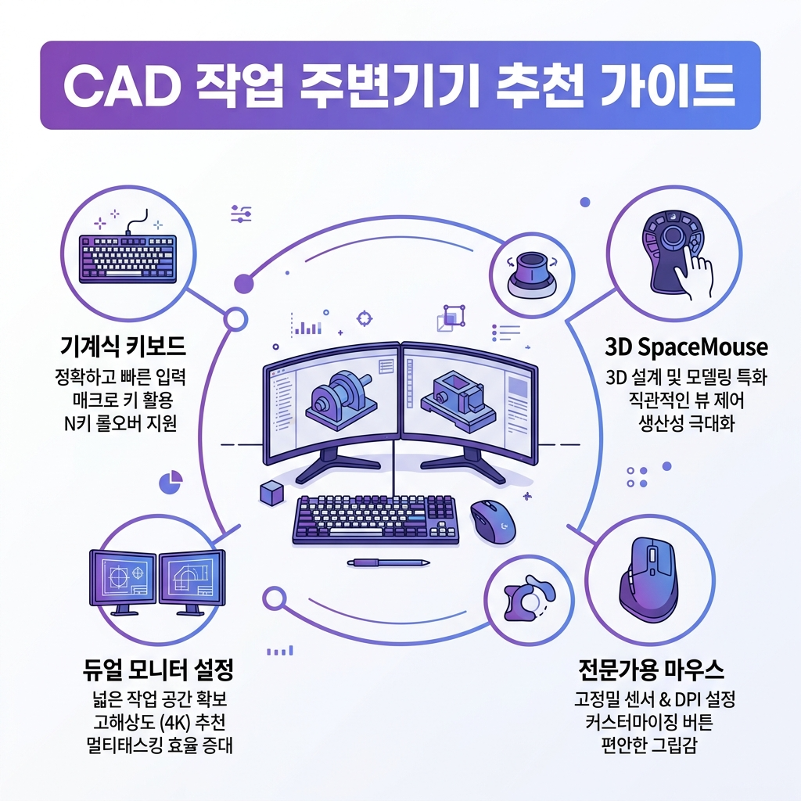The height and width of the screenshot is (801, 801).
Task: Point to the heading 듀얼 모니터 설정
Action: click(x=158, y=670)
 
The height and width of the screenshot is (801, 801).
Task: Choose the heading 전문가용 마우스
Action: click(x=651, y=670)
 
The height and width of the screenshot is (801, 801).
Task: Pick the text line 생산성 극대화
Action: click(x=686, y=426)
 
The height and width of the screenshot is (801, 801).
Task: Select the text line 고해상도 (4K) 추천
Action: click(x=158, y=720)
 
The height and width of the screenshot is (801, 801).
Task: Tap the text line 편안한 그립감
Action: click(x=652, y=744)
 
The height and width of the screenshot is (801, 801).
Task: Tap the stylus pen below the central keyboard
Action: click(x=389, y=562)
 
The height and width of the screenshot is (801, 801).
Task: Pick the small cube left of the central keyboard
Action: click(x=271, y=493)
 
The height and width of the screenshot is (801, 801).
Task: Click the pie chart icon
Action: click(x=171, y=482)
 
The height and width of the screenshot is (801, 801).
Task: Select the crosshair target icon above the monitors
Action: click(x=363, y=318)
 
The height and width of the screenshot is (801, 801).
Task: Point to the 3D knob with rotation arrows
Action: click(x=529, y=275)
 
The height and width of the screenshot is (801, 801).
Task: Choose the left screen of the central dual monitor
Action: click(x=332, y=400)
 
